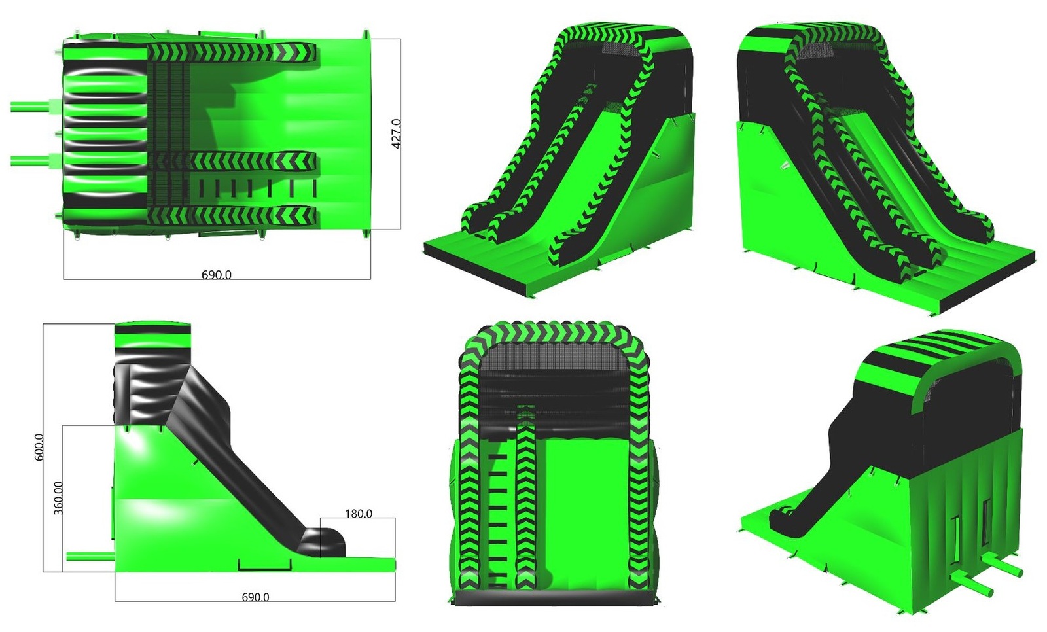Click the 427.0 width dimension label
(396, 134)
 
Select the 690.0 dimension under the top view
(217, 275)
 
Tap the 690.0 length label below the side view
(255, 597)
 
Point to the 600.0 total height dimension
(39, 447)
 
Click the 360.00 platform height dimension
(58, 498)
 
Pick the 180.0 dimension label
(359, 514)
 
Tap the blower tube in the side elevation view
(91, 556)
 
